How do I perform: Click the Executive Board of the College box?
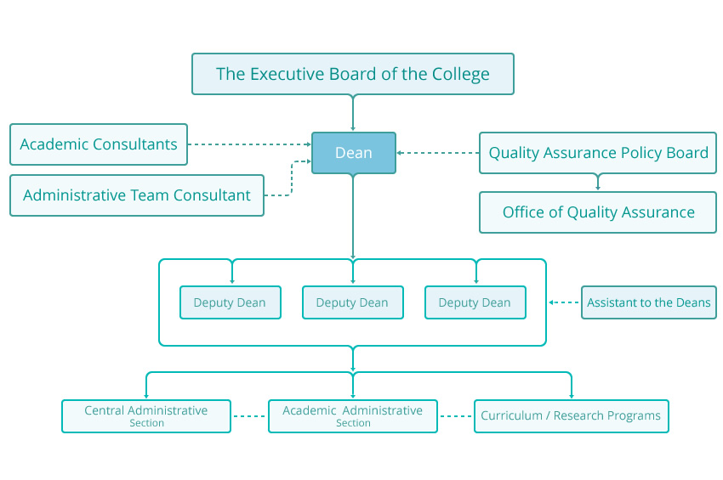[352, 74]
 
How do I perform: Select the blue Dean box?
[353, 153]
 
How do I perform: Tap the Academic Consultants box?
[99, 144]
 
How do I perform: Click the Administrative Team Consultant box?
[137, 195]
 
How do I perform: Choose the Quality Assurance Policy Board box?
[598, 153]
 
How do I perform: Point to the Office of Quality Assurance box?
[598, 212]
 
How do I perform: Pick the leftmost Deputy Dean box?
[230, 302]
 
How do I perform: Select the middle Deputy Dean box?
[352, 302]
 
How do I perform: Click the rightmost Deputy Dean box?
[475, 302]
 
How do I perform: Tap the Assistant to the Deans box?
[649, 302]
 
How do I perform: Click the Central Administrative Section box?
[146, 416]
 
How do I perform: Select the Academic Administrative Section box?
[353, 416]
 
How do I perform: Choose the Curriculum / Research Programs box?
[571, 416]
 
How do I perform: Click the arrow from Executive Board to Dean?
[353, 112]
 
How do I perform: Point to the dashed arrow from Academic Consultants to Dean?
[249, 144]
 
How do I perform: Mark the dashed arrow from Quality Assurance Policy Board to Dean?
[438, 153]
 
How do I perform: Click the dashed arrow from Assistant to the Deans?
[564, 302]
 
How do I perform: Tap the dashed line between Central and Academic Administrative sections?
[249, 416]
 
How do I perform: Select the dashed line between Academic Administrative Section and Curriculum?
[456, 416]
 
